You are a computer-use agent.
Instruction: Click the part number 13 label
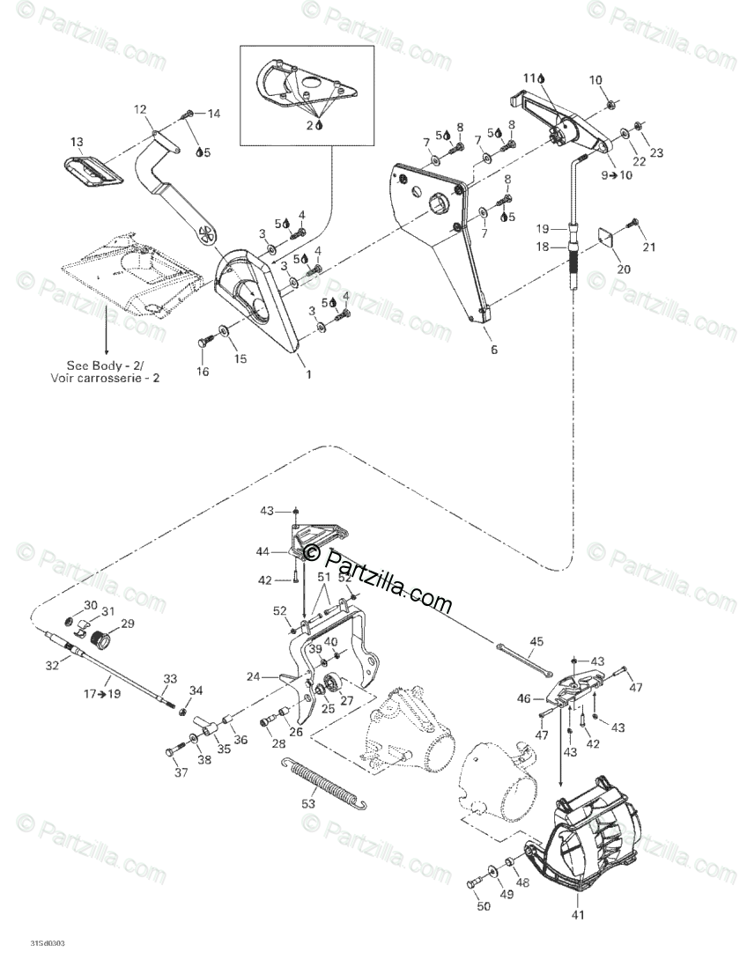(x=77, y=142)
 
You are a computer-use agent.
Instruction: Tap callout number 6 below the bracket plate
(x=493, y=350)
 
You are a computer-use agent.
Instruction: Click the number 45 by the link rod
(x=536, y=641)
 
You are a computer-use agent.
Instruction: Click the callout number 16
(x=203, y=373)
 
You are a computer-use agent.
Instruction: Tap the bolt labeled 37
(x=171, y=749)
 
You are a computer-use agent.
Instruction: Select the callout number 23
(x=656, y=153)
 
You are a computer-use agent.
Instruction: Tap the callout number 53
(x=307, y=805)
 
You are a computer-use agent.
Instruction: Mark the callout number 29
(x=128, y=624)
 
